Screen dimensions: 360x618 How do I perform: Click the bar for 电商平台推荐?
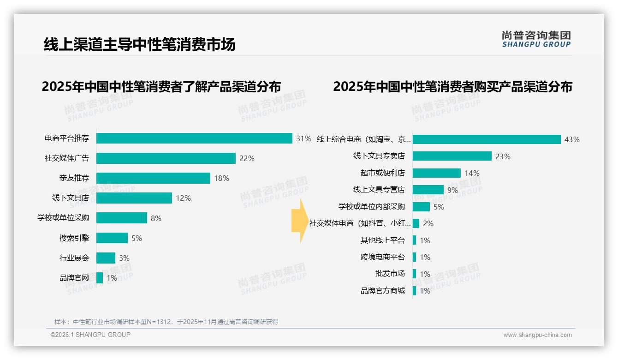(194, 138)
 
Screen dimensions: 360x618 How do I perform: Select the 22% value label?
(247, 158)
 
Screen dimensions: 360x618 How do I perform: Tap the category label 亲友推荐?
(74, 178)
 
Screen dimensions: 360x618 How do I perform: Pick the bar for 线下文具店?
(134, 198)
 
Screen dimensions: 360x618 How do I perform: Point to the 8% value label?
(156, 218)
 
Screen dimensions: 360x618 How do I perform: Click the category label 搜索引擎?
(74, 238)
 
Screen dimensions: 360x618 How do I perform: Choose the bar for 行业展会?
(106, 258)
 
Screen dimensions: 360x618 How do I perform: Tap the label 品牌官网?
(74, 278)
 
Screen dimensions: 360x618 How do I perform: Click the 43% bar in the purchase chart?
(487, 139)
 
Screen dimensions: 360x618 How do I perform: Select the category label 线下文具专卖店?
(379, 156)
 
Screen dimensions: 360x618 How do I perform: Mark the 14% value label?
(472, 173)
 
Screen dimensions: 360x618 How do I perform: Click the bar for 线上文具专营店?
(428, 190)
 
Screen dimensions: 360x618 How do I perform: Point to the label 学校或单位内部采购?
(371, 207)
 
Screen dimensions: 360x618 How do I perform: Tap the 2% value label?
(428, 223)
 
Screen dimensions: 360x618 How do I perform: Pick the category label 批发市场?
(390, 274)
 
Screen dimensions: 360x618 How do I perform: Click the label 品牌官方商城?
(382, 291)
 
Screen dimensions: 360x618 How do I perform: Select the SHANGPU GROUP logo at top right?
(536, 39)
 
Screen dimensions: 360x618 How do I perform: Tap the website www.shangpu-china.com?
(537, 335)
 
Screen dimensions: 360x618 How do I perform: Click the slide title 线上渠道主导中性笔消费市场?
(139, 44)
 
